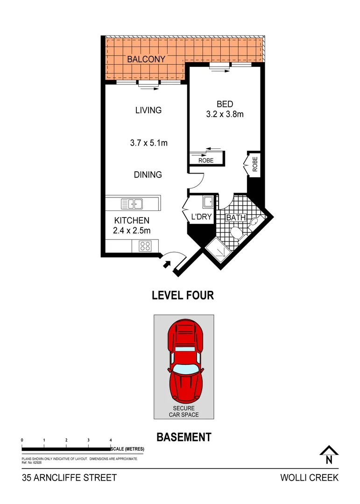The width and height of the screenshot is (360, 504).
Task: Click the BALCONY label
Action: point(146,59)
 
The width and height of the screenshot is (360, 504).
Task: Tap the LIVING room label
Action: point(148,111)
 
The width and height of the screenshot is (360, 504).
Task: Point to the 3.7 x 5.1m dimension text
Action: point(148,143)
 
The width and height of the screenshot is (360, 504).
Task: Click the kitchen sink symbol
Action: point(132,203)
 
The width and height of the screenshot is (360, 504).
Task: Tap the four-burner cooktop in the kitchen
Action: point(145,245)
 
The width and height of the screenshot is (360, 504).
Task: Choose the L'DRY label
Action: point(202,217)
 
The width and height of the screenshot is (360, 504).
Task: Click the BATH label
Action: point(236,217)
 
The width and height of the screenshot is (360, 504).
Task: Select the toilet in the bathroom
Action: point(237,234)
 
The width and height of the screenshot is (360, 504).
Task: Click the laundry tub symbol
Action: point(208,202)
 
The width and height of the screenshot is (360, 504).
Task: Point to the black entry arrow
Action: point(166,265)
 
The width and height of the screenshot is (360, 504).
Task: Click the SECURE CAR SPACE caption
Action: point(184,411)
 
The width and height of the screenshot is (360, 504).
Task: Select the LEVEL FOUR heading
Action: point(183,295)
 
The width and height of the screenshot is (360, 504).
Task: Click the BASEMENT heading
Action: point(184,437)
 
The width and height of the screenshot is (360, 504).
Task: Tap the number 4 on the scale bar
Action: point(111,441)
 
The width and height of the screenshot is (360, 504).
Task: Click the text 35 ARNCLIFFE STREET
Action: point(69,478)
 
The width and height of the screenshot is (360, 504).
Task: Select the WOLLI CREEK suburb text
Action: point(309,478)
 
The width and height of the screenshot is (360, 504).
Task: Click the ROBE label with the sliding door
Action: point(206,160)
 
